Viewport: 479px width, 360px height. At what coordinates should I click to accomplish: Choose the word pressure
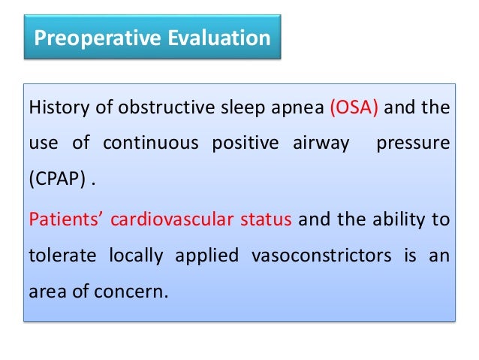click(414, 144)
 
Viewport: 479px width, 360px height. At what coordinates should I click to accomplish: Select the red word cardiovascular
click(167, 221)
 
